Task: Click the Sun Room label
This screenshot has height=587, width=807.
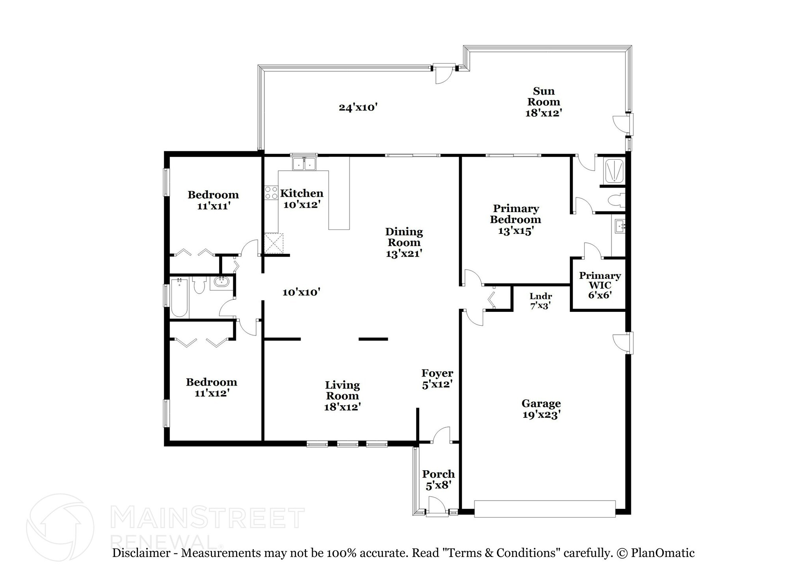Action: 543,102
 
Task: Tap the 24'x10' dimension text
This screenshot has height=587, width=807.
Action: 358,107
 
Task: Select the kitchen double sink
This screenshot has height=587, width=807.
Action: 305,164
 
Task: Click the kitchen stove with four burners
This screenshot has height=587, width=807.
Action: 271,193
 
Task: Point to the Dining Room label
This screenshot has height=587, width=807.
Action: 404,242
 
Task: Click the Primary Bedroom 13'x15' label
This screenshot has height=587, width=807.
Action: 515,219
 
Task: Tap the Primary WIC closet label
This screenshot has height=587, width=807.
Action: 599,285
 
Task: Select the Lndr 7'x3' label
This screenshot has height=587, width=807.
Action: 540,300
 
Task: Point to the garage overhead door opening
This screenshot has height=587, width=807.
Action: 545,509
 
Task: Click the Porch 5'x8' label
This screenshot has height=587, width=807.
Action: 438,479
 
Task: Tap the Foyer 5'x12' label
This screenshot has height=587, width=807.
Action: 437,378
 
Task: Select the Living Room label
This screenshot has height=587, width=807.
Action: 342,395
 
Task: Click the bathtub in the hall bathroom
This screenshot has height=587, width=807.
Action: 180,298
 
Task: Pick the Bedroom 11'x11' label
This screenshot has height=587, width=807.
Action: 213,200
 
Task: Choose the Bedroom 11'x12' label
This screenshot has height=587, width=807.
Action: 212,387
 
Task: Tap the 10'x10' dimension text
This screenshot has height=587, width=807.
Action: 301,292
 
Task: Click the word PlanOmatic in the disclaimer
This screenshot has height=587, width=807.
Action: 662,553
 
